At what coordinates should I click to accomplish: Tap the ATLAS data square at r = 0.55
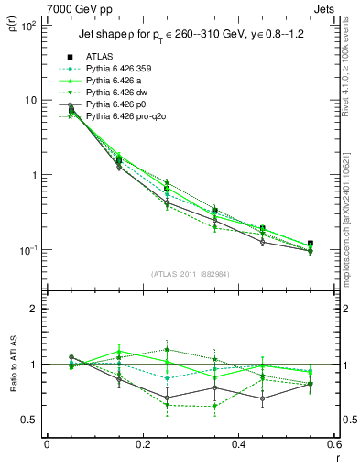point(311,244)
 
